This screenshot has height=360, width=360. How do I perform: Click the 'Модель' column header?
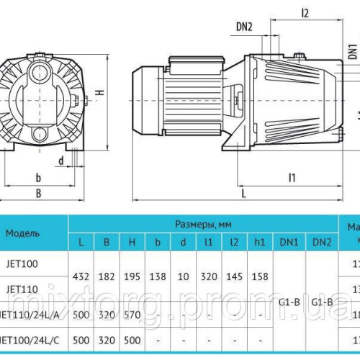pyautogui.click(x=23, y=233)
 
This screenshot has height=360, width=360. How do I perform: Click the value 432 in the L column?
pyautogui.click(x=82, y=276)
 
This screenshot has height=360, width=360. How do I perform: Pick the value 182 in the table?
pyautogui.click(x=107, y=276)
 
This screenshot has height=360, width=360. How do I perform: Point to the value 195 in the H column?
pyautogui.click(x=132, y=276)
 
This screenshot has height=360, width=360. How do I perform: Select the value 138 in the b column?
pyautogui.click(x=157, y=276)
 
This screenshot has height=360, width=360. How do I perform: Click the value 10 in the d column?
pyautogui.click(x=182, y=276)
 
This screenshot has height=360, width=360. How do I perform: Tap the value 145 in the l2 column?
pyautogui.click(x=234, y=276)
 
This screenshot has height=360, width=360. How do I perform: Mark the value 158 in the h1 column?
pyautogui.click(x=261, y=276)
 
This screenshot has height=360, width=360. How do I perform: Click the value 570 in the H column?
pyautogui.click(x=132, y=314)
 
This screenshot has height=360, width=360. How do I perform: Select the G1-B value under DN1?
pyautogui.click(x=290, y=302)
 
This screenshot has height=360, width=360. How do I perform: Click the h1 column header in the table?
pyautogui.click(x=261, y=242)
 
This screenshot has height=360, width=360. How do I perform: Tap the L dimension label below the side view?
pyautogui.click(x=244, y=194)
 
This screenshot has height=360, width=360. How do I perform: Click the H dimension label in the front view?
pyautogui.click(x=102, y=91)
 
